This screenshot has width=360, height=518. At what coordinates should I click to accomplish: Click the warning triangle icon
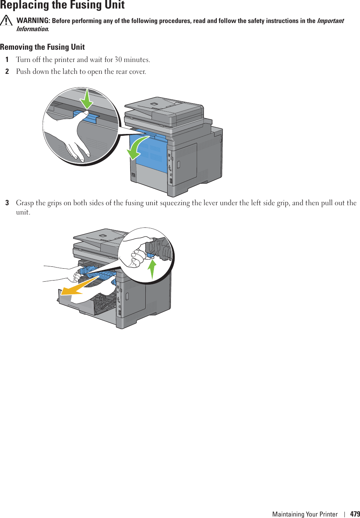pyautogui.click(x=6, y=21)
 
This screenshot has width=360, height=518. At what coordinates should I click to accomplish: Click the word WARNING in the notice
pyautogui.click(x=33, y=21)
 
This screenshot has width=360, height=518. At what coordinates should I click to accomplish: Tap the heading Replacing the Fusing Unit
pyautogui.click(x=62, y=5)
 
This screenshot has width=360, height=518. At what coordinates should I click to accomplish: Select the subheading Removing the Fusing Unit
pyautogui.click(x=42, y=47)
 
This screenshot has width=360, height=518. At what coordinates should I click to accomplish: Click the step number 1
pyautogui.click(x=7, y=60)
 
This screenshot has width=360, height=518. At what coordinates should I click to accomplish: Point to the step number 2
pyautogui.click(x=7, y=72)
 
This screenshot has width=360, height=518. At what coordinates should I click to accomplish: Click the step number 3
pyautogui.click(x=7, y=203)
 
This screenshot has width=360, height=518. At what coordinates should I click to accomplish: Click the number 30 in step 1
pyautogui.click(x=118, y=60)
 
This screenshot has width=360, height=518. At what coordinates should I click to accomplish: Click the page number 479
pyautogui.click(x=355, y=514)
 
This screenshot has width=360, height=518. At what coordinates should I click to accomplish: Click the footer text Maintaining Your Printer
pyautogui.click(x=305, y=514)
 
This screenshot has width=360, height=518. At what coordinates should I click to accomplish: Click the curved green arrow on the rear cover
pyautogui.click(x=136, y=148)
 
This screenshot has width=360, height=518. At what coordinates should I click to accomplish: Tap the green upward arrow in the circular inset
pyautogui.click(x=152, y=269)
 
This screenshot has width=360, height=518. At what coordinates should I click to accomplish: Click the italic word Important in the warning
pyautogui.click(x=330, y=21)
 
